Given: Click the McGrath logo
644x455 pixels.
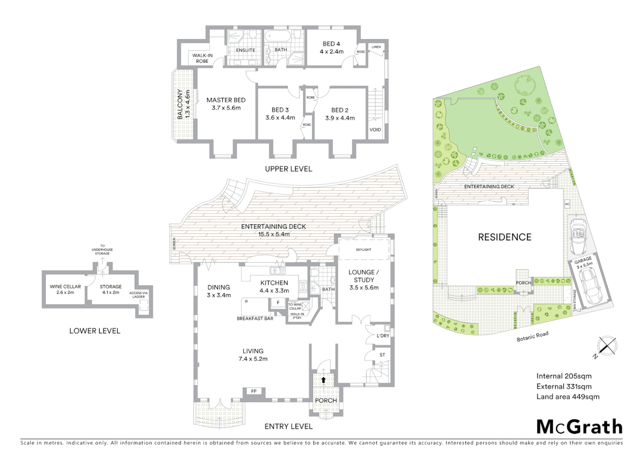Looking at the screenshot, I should (x=579, y=427).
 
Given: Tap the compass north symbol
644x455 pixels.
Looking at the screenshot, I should (x=606, y=346).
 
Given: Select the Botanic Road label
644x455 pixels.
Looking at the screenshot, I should (x=532, y=336).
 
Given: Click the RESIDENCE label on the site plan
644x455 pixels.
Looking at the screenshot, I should (x=504, y=237).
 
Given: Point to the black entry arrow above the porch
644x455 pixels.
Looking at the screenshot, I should (x=323, y=380).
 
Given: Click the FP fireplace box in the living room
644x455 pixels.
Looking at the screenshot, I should (x=254, y=391).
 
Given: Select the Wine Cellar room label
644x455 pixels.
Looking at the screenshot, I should (x=65, y=289).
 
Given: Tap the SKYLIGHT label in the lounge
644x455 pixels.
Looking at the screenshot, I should (x=363, y=250).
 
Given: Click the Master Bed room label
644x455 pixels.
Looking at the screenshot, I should (x=226, y=104).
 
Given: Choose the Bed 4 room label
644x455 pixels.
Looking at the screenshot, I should (x=331, y=47).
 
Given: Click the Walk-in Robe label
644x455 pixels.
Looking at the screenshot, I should (x=202, y=58).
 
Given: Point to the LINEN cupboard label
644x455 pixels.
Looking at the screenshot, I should (x=376, y=47).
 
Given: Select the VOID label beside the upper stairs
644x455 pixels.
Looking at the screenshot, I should (x=375, y=130).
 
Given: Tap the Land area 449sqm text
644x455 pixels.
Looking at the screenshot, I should (x=567, y=396).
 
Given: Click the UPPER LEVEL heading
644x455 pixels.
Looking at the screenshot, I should (x=288, y=169).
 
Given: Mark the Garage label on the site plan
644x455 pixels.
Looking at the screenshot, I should (x=584, y=262).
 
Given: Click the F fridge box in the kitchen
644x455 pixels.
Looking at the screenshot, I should (x=278, y=302).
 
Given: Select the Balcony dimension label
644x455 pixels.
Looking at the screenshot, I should (x=184, y=104).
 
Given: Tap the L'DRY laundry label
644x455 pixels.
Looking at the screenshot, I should (x=383, y=336).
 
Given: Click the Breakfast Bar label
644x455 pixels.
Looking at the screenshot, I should (x=255, y=318).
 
